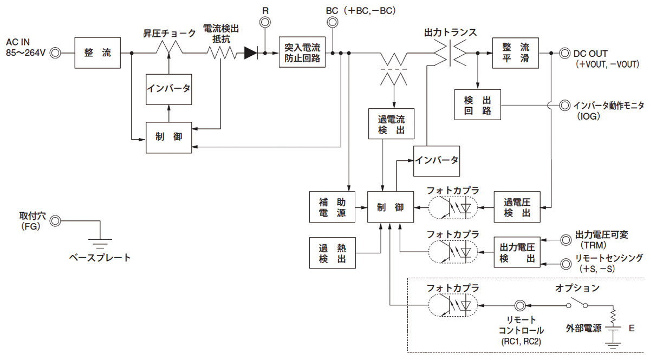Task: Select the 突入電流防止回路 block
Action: tap(302, 53)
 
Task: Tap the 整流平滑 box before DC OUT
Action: tap(516, 53)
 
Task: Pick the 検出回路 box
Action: tap(478, 104)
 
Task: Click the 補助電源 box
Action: tap(332, 207)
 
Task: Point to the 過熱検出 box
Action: tap(332, 253)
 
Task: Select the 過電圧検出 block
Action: tap(517, 207)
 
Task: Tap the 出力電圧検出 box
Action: tap(517, 253)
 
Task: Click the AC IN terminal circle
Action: tap(55, 53)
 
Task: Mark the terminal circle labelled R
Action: tap(265, 23)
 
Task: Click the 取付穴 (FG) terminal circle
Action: tap(55, 221)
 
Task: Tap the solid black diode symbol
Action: tap(251, 53)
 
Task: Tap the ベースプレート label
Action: tap(100, 258)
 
